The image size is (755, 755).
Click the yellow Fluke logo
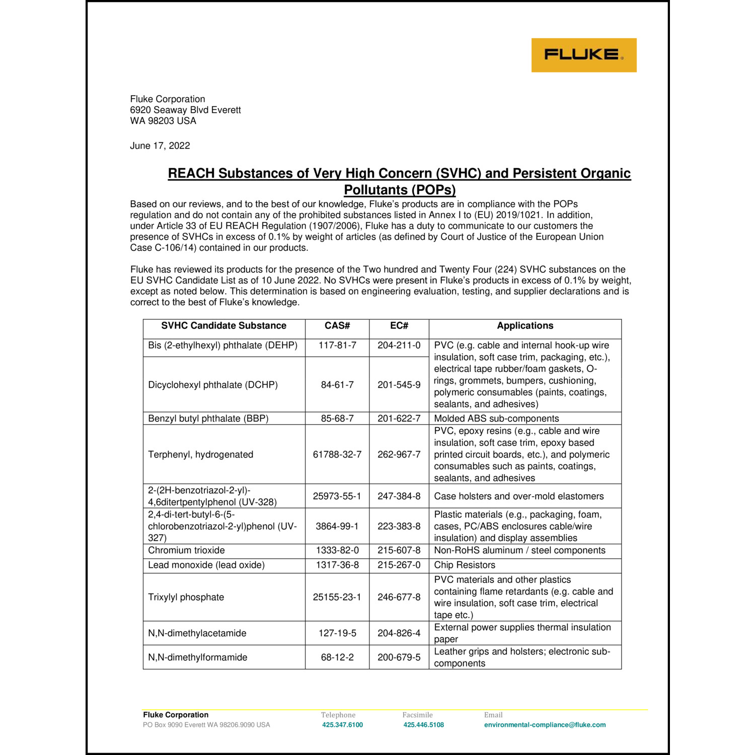(584, 55)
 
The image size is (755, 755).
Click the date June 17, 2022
(160, 146)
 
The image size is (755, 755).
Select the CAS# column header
(337, 326)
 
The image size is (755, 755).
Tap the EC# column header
(399, 326)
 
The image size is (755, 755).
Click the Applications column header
(525, 326)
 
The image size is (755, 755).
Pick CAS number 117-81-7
(337, 345)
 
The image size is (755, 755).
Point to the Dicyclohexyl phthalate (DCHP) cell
(213, 385)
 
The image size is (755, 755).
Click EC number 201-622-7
(399, 419)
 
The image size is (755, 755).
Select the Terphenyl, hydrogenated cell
(201, 455)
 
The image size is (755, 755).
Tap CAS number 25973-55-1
(337, 496)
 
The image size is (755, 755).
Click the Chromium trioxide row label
(187, 551)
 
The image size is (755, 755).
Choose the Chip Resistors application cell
(465, 565)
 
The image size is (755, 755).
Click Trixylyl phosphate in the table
(186, 597)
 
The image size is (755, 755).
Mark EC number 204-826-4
(399, 633)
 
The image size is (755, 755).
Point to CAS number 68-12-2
(337, 657)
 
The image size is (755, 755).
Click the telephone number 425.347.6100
(342, 725)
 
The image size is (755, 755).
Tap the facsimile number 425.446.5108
(424, 725)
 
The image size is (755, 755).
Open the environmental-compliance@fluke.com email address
(545, 725)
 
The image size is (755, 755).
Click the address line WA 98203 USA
(163, 121)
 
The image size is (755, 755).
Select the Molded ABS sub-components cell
(496, 419)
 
